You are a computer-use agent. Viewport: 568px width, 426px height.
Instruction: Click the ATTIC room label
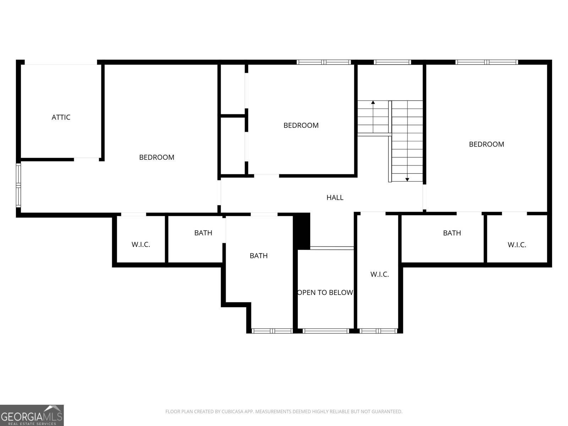[61, 118]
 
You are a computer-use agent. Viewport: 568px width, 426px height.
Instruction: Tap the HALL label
[335, 198]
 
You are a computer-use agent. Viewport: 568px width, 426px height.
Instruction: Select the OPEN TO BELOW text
[325, 293]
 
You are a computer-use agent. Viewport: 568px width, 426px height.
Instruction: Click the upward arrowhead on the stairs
[373, 103]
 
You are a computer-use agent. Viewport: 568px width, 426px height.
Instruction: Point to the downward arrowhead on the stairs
[407, 180]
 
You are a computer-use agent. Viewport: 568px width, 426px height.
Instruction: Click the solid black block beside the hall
[301, 231]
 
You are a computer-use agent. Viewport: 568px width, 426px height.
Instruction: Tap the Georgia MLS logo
[32, 415]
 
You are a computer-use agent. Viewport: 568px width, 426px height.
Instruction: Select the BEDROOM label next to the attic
[157, 157]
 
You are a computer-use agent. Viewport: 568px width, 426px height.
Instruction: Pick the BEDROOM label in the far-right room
[486, 144]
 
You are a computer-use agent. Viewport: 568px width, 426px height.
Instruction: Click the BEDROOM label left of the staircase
[301, 125]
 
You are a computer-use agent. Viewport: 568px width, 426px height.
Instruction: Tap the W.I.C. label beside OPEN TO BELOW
[379, 274]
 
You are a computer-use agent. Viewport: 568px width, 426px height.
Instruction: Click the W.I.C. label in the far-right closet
[517, 245]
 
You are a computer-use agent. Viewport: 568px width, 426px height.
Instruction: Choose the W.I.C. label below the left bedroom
[141, 245]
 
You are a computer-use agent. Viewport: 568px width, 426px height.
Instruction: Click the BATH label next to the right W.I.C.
[452, 233]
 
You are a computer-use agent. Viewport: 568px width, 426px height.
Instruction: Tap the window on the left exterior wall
[18, 185]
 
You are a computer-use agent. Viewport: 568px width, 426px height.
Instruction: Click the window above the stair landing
[392, 62]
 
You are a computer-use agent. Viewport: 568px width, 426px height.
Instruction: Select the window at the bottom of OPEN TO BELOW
[326, 331]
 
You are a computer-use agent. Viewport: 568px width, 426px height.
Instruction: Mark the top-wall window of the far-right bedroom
[486, 62]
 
